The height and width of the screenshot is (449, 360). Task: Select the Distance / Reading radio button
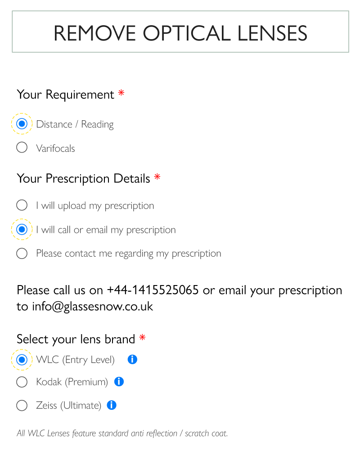point(22,124)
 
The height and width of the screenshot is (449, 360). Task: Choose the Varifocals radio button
point(22,147)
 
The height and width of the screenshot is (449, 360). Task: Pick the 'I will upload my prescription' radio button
point(22,205)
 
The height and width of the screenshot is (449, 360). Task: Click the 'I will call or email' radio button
point(22,230)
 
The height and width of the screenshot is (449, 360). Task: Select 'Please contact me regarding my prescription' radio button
point(22,253)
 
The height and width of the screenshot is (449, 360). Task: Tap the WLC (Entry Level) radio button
point(22,359)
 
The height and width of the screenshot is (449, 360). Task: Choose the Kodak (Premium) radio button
point(22,382)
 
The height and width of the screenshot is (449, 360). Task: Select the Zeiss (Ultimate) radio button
point(22,405)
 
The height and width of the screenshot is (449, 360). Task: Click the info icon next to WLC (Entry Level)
point(132,359)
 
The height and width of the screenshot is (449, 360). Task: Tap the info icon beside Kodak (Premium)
point(119,382)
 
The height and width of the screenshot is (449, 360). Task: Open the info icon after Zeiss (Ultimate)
point(112,405)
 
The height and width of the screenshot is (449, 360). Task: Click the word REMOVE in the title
point(94,33)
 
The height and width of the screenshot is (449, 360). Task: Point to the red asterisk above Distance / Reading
point(121,93)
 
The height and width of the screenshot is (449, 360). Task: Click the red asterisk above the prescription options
point(157,177)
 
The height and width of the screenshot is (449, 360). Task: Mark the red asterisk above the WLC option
point(142,337)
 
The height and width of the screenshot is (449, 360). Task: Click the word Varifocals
point(55,148)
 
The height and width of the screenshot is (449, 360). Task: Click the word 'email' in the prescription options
point(97,230)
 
